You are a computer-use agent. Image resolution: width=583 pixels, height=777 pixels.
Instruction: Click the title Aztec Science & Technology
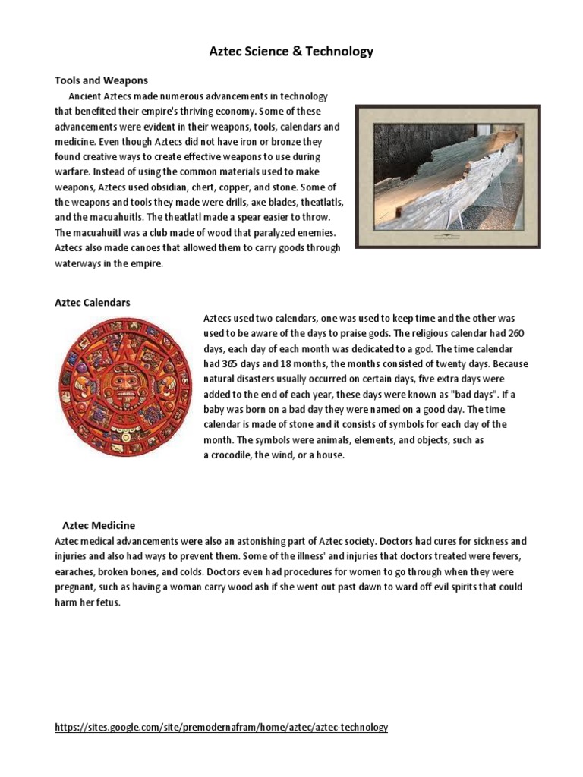(x=291, y=52)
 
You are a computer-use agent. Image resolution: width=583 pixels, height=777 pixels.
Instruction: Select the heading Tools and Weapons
(x=101, y=80)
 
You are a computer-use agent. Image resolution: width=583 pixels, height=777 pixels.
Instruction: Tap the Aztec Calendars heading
(x=93, y=302)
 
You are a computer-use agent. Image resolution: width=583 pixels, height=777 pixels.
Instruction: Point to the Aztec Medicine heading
(x=99, y=525)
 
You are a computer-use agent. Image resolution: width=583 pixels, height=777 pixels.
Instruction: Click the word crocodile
(x=232, y=455)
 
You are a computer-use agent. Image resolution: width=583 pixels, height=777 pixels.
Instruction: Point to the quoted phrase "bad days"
(x=457, y=394)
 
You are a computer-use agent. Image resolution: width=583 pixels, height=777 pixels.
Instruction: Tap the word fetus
(x=109, y=602)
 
